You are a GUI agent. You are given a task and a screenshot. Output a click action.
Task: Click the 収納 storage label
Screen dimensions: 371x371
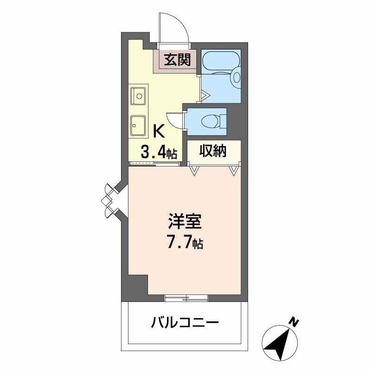pos(213,151)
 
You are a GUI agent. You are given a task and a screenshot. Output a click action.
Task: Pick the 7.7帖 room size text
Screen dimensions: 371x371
pos(185,243)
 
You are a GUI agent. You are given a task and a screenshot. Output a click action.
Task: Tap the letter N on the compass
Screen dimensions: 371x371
pos(293,321)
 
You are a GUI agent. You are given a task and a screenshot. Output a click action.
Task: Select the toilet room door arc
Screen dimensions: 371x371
pos(173,120)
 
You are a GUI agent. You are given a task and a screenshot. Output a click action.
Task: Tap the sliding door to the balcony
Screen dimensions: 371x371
pos(186,298)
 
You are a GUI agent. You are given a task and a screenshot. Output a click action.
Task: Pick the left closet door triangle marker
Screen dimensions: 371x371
pos(195,171)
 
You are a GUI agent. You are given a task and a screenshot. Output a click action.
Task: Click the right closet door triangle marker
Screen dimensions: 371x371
pos(233,171)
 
